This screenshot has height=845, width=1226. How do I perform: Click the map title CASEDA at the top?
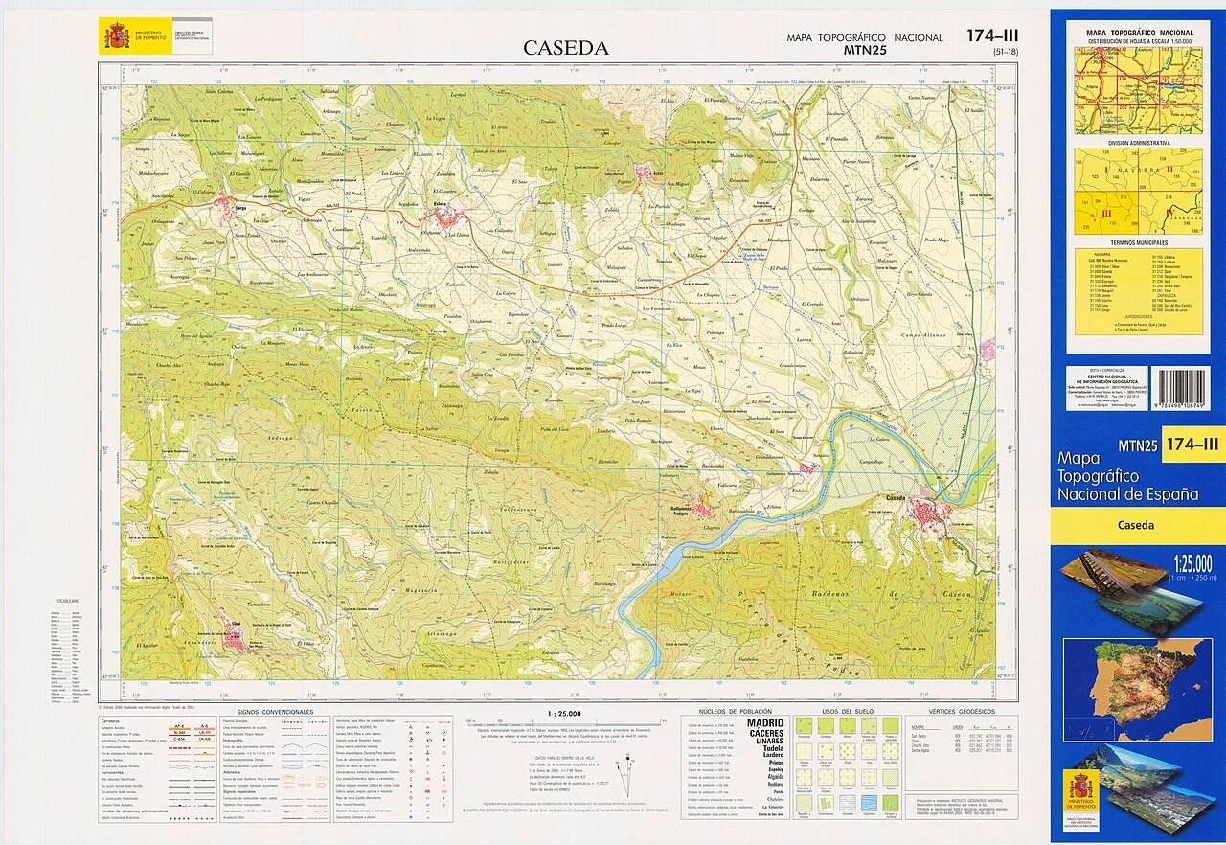tap(565, 48)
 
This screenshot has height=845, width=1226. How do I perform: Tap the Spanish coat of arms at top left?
tap(117, 36)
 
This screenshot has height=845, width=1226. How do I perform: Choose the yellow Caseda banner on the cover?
tap(1136, 525)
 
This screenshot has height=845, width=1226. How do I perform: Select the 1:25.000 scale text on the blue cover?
tap(1191, 562)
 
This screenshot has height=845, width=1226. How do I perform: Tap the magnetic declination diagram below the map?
tap(627, 773)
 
